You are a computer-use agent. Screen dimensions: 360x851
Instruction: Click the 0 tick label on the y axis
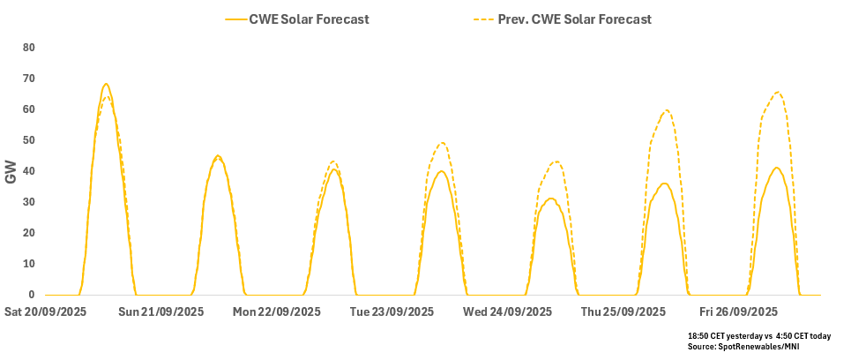tap(32, 295)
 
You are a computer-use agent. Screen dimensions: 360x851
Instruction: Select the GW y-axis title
tap(11, 172)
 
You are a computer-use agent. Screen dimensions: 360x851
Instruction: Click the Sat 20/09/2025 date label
tap(46, 311)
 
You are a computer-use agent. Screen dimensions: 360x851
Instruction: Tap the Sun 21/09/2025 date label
tap(161, 311)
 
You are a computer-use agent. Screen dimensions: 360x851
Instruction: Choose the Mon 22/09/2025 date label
tap(277, 311)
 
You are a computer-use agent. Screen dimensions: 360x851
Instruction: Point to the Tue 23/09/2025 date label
tap(392, 311)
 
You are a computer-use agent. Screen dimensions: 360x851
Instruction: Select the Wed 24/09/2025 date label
tap(507, 311)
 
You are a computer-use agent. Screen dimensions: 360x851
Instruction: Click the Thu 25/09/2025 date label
tap(623, 311)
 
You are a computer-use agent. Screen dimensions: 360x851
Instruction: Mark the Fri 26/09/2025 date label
tap(738, 311)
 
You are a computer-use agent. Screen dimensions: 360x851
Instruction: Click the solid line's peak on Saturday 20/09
tap(106, 84)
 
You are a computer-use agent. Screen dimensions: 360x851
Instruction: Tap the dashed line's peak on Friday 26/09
tap(777, 93)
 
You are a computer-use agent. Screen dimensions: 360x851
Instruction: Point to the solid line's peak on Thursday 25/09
tap(665, 184)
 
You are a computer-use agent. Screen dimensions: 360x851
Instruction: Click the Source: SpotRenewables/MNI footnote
tap(743, 346)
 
